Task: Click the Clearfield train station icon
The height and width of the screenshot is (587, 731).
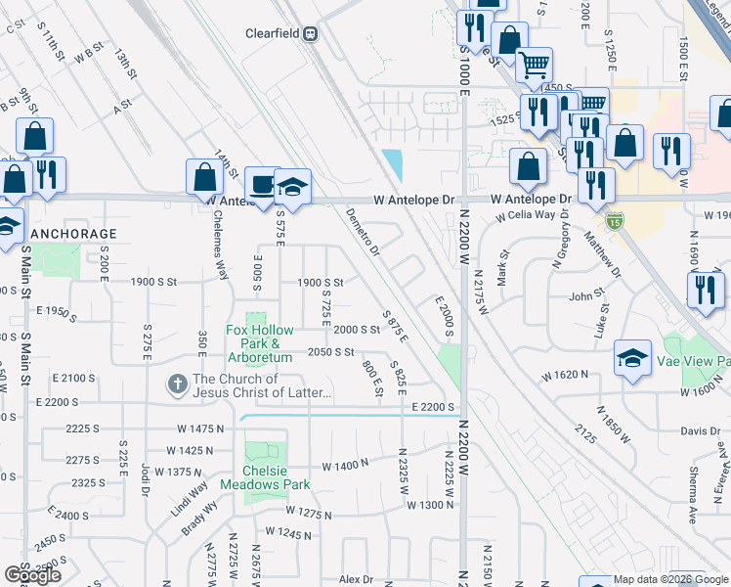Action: coord(311,33)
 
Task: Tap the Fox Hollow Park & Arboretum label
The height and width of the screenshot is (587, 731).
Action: coord(260,343)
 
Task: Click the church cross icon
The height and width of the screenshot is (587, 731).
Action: coord(177,384)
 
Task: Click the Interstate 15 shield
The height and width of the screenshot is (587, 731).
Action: coord(614,220)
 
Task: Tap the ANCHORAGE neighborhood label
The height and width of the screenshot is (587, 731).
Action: coord(73,234)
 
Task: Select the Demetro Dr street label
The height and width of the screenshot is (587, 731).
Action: coord(363,232)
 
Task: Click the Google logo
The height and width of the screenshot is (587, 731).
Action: coord(32,575)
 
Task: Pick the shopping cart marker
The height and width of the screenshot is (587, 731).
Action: coord(534,66)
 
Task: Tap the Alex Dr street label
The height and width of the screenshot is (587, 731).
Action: coord(356,579)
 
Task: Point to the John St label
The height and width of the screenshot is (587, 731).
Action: coord(587,294)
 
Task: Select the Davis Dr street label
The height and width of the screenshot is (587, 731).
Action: coord(701,430)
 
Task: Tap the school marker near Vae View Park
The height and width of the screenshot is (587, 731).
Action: coord(632,358)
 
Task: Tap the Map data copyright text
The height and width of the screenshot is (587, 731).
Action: coord(669,579)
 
